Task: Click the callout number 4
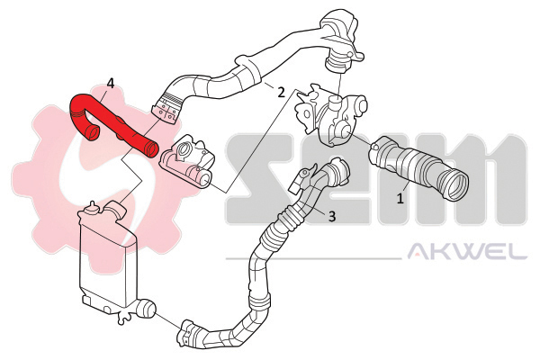coord(110,83)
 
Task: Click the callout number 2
coord(281,92)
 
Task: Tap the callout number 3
coord(331,216)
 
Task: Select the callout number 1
coord(400,198)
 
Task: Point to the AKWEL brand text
coord(467,252)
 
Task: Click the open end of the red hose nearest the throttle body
coord(151,149)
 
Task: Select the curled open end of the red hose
coord(93,133)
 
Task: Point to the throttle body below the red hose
coord(188,160)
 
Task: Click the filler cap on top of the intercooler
coord(93,207)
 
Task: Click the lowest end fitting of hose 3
coord(188,334)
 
